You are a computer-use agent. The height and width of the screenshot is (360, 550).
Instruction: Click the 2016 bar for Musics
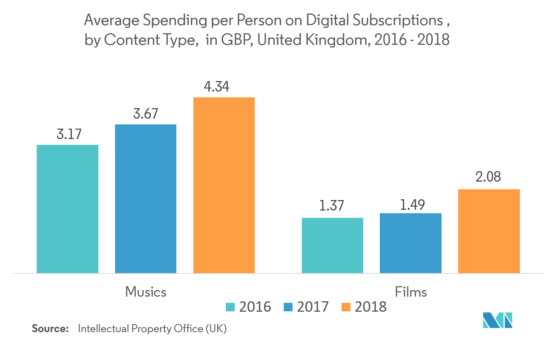[x=68, y=209]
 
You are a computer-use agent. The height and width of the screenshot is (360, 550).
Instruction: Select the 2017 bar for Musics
[x=146, y=199]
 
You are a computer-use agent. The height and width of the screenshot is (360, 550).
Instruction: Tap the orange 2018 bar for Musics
[x=224, y=185]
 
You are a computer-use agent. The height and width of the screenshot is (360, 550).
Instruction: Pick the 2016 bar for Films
[x=340, y=245]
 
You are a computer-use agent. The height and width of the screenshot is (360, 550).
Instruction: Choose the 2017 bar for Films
[x=411, y=243]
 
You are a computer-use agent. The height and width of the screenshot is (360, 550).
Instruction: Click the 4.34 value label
[x=217, y=87]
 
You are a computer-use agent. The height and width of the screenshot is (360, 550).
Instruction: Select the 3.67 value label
[x=146, y=114]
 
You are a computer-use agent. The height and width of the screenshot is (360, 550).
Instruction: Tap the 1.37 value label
[x=331, y=205]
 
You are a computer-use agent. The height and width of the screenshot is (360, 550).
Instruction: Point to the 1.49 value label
[x=412, y=205]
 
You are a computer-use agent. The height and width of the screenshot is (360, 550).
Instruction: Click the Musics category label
[x=146, y=292]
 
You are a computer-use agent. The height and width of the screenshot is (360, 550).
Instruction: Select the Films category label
[x=411, y=292]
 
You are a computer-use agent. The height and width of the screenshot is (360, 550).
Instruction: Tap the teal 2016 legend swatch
[x=230, y=307]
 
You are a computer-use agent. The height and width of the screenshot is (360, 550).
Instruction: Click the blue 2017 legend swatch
[x=288, y=307]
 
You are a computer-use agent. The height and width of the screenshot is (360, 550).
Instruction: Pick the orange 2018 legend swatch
[x=346, y=307]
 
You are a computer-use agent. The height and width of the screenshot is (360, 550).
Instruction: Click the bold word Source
[x=50, y=329]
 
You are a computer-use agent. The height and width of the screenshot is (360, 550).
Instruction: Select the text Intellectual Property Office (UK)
[x=152, y=329]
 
